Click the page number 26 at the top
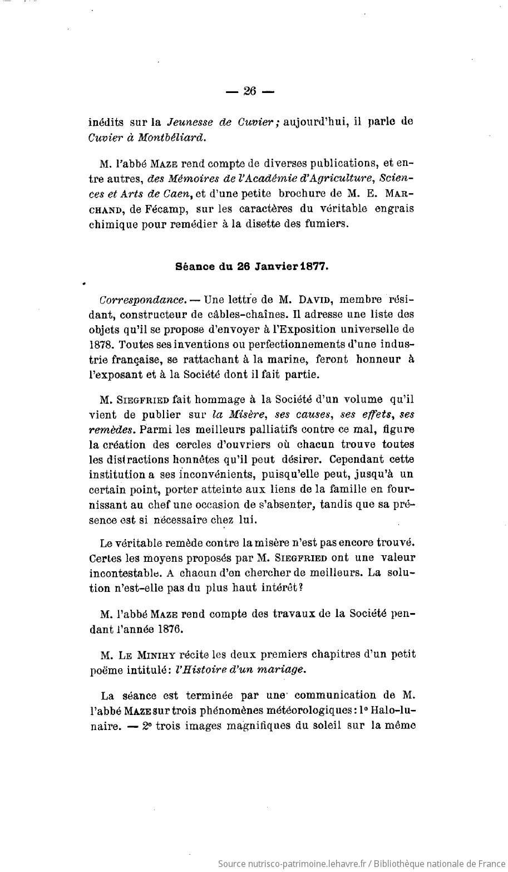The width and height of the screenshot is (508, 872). click(249, 92)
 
